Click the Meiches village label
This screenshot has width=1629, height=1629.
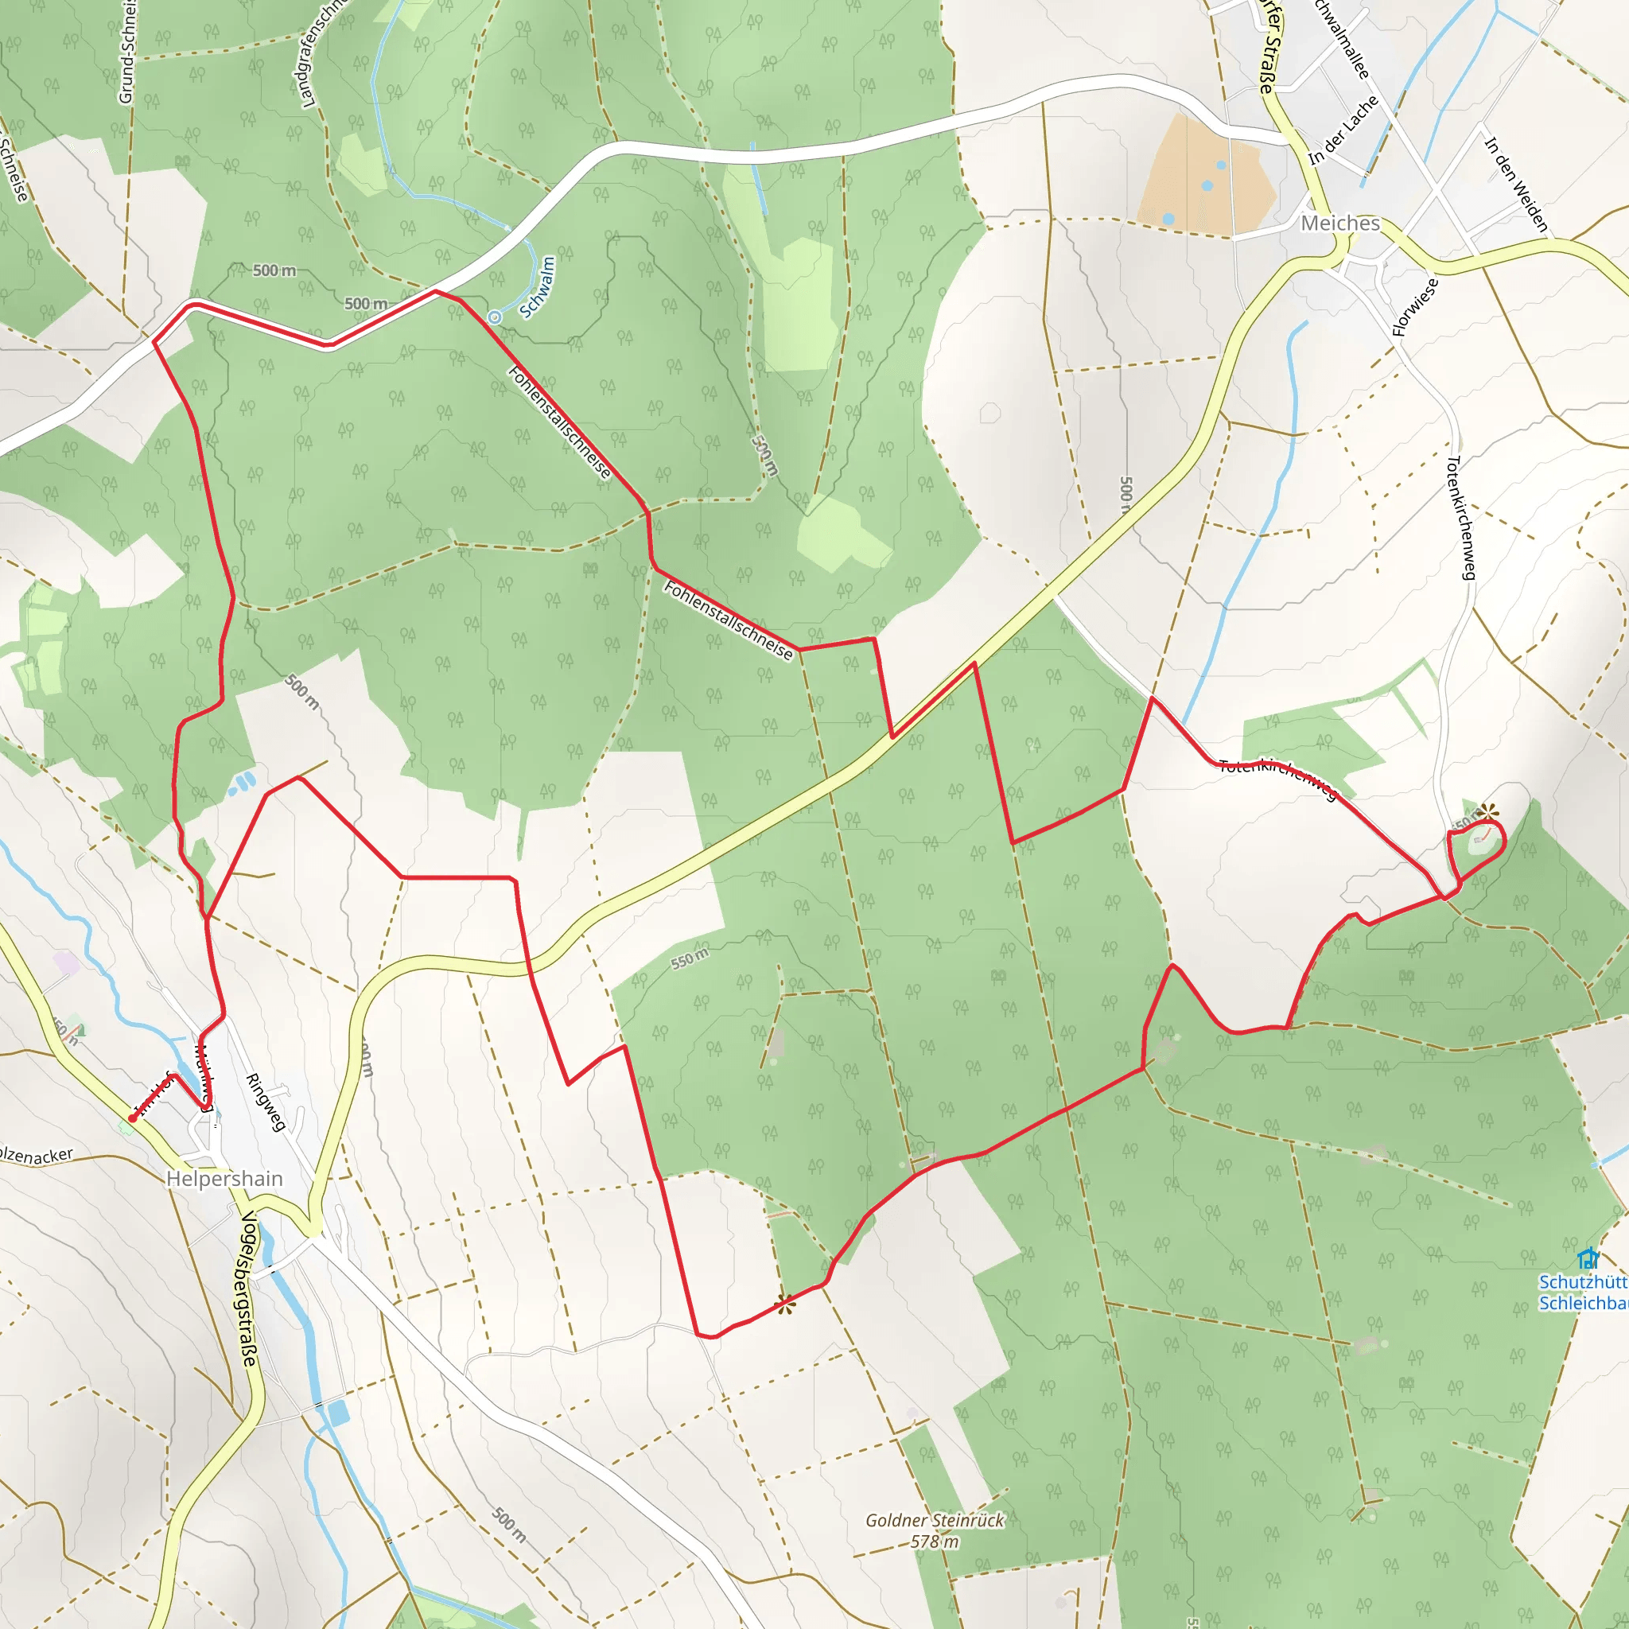[x=1339, y=224]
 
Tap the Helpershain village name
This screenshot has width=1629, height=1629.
[x=224, y=1178]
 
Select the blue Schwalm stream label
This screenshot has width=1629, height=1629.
[x=537, y=287]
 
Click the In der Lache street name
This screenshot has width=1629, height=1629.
[x=1343, y=130]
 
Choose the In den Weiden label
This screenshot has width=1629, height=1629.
[x=1516, y=185]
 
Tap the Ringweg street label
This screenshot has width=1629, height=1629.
[x=265, y=1101]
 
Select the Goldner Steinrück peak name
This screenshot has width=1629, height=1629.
[x=935, y=1520]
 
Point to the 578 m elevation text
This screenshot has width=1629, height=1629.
[x=935, y=1542]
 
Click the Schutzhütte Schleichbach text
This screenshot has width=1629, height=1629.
[x=1583, y=1293]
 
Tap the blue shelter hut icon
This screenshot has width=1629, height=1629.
[x=1588, y=1260]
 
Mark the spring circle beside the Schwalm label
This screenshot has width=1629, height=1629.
[x=495, y=317]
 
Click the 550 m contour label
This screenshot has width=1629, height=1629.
[x=689, y=958]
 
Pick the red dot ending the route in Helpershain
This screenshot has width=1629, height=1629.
[x=132, y=1119]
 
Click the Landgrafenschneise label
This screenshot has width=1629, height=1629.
[x=320, y=55]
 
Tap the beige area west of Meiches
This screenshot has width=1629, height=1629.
[x=1205, y=178]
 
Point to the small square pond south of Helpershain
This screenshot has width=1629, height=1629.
[x=338, y=1413]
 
